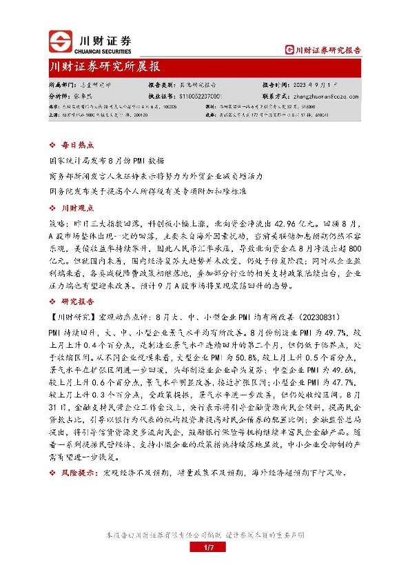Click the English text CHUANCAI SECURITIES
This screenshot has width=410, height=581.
pos(105,50)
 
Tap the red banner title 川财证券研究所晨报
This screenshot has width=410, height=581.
pos(105,68)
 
